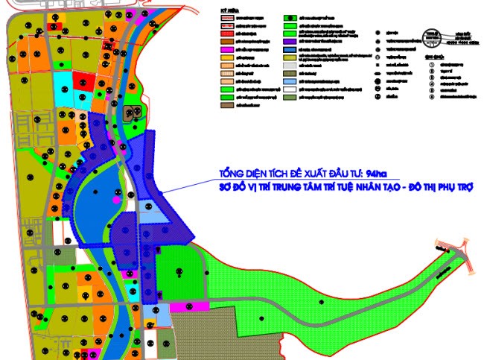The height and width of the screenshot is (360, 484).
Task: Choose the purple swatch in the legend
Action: coord(292,57)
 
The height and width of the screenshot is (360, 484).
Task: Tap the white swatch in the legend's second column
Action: coord(292,89)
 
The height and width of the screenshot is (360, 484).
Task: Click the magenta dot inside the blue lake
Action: coord(115,200)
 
